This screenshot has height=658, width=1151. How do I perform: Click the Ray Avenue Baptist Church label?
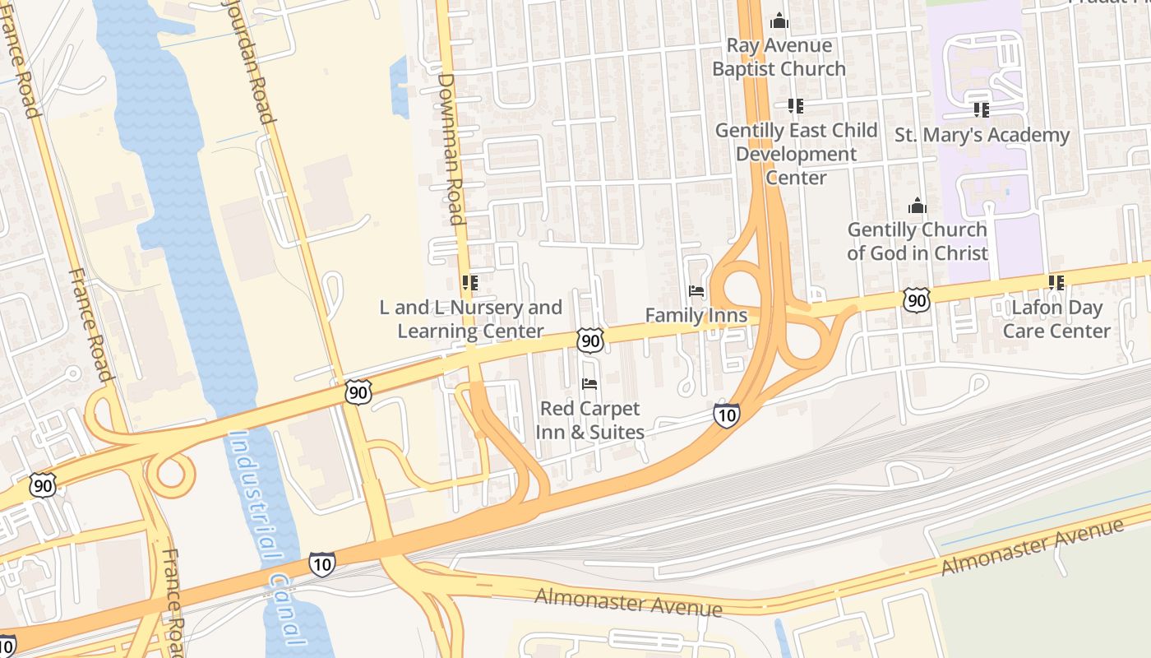(x=779, y=58)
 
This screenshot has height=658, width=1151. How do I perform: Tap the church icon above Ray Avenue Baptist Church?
(x=779, y=21)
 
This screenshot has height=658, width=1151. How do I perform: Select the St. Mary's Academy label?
(x=982, y=135)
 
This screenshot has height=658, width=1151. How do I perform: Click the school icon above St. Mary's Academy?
(x=981, y=109)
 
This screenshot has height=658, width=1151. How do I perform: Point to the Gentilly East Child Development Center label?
(x=796, y=154)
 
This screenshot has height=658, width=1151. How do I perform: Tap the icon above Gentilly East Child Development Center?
(x=795, y=106)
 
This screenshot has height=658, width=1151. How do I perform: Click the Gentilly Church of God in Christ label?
(x=917, y=241)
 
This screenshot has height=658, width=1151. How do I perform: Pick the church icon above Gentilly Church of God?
(x=917, y=206)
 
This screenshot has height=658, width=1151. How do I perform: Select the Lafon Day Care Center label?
(x=1056, y=319)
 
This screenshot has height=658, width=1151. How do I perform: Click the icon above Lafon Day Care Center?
(x=1056, y=283)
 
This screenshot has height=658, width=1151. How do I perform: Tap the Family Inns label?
(x=696, y=315)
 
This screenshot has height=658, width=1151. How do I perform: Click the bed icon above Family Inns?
(x=696, y=291)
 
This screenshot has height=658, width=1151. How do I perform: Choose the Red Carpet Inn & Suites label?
(x=589, y=419)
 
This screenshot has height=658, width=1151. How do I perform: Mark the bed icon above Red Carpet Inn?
(x=589, y=383)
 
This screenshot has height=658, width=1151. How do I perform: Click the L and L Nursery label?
(x=470, y=319)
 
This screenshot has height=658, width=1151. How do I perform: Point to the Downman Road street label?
(x=451, y=148)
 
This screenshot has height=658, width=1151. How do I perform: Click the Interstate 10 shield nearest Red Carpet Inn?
(x=726, y=415)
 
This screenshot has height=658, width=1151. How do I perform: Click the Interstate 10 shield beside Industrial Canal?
(x=322, y=564)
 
